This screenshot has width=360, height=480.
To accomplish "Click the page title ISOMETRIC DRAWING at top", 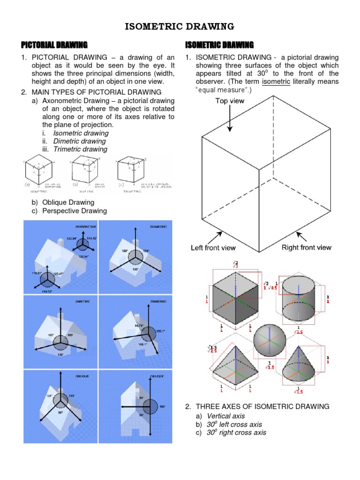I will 180,26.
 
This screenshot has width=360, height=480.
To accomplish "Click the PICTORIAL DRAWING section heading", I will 54,45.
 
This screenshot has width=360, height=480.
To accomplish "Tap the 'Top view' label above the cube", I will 230,101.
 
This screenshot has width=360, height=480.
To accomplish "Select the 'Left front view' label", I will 213,247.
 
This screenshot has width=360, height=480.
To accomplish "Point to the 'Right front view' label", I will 306,247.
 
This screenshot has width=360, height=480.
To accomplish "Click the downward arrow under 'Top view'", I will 230,119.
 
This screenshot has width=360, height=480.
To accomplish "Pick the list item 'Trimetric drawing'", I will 80,149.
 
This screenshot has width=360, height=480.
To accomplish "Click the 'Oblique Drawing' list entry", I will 68,202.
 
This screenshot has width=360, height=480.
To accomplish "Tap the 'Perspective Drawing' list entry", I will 74,211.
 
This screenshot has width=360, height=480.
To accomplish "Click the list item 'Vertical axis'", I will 225,416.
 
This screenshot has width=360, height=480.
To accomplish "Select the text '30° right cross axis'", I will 236,433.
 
